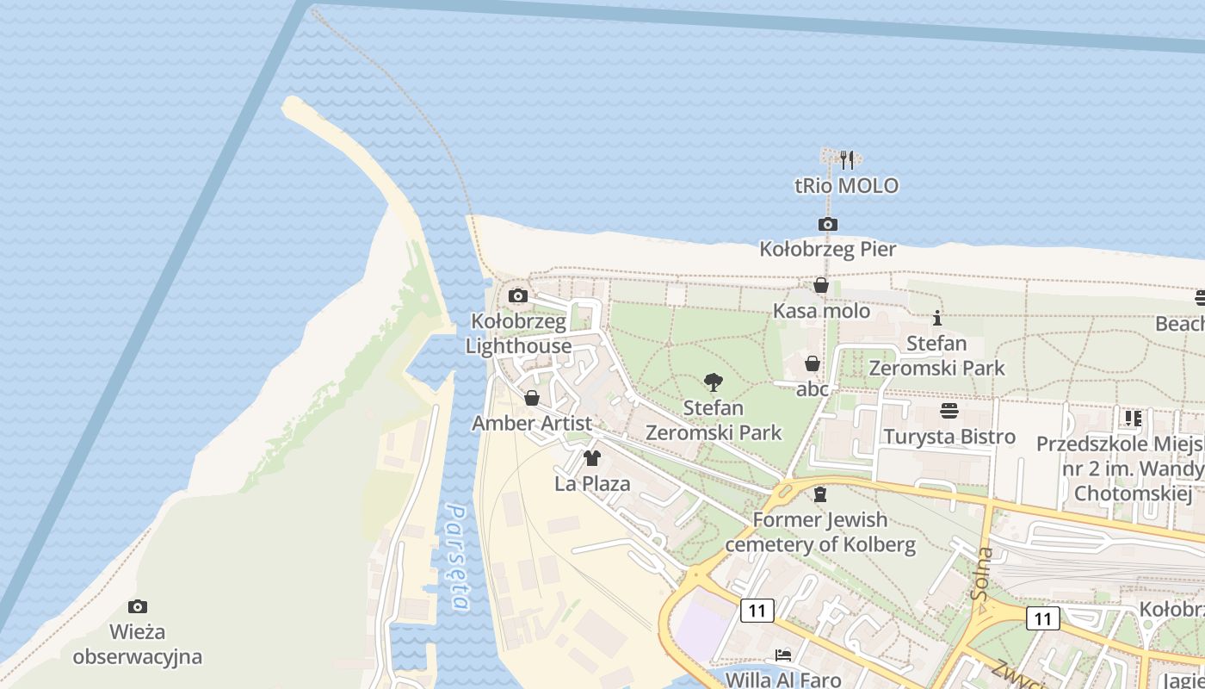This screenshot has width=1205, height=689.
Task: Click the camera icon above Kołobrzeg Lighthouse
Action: [517, 296]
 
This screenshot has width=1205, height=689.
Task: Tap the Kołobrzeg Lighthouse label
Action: [518, 334]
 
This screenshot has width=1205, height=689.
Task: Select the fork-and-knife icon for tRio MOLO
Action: [847, 159]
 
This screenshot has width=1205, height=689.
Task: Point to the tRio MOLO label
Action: [846, 185]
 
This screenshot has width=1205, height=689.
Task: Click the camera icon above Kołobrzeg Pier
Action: [827, 225]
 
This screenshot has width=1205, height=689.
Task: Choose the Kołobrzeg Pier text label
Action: [828, 250]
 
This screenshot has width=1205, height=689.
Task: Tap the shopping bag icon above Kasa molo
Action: [821, 285]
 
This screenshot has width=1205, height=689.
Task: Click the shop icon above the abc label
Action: [812, 363]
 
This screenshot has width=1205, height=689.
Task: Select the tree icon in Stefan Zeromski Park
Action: [713, 382]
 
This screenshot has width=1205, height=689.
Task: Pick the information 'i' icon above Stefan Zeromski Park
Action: [936, 318]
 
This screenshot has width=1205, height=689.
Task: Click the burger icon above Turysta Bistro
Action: [949, 411]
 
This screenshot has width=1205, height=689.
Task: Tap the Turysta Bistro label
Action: [949, 437]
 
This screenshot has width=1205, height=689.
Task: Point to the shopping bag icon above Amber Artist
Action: [532, 398]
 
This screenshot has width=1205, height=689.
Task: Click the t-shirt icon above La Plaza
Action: [591, 458]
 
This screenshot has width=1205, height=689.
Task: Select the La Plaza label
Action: [592, 483]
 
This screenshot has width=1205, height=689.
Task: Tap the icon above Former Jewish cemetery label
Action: [819, 494]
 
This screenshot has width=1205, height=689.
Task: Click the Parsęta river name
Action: [457, 558]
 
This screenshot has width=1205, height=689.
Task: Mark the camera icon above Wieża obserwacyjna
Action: [137, 607]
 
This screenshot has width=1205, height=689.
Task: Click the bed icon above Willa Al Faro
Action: [782, 655]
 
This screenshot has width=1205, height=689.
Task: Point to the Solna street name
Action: [980, 573]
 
